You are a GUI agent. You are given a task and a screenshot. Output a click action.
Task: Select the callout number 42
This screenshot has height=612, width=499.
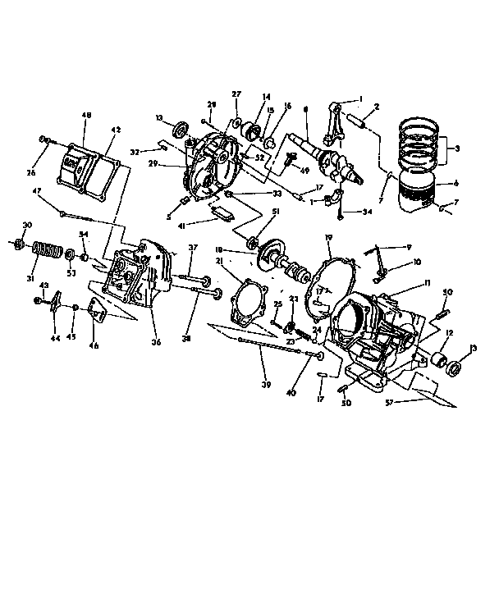tap(115, 130)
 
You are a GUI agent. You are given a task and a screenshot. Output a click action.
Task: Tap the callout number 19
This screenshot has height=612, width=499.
tap(327, 238)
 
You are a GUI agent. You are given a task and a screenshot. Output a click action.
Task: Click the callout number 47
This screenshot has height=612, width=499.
tap(37, 191)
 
